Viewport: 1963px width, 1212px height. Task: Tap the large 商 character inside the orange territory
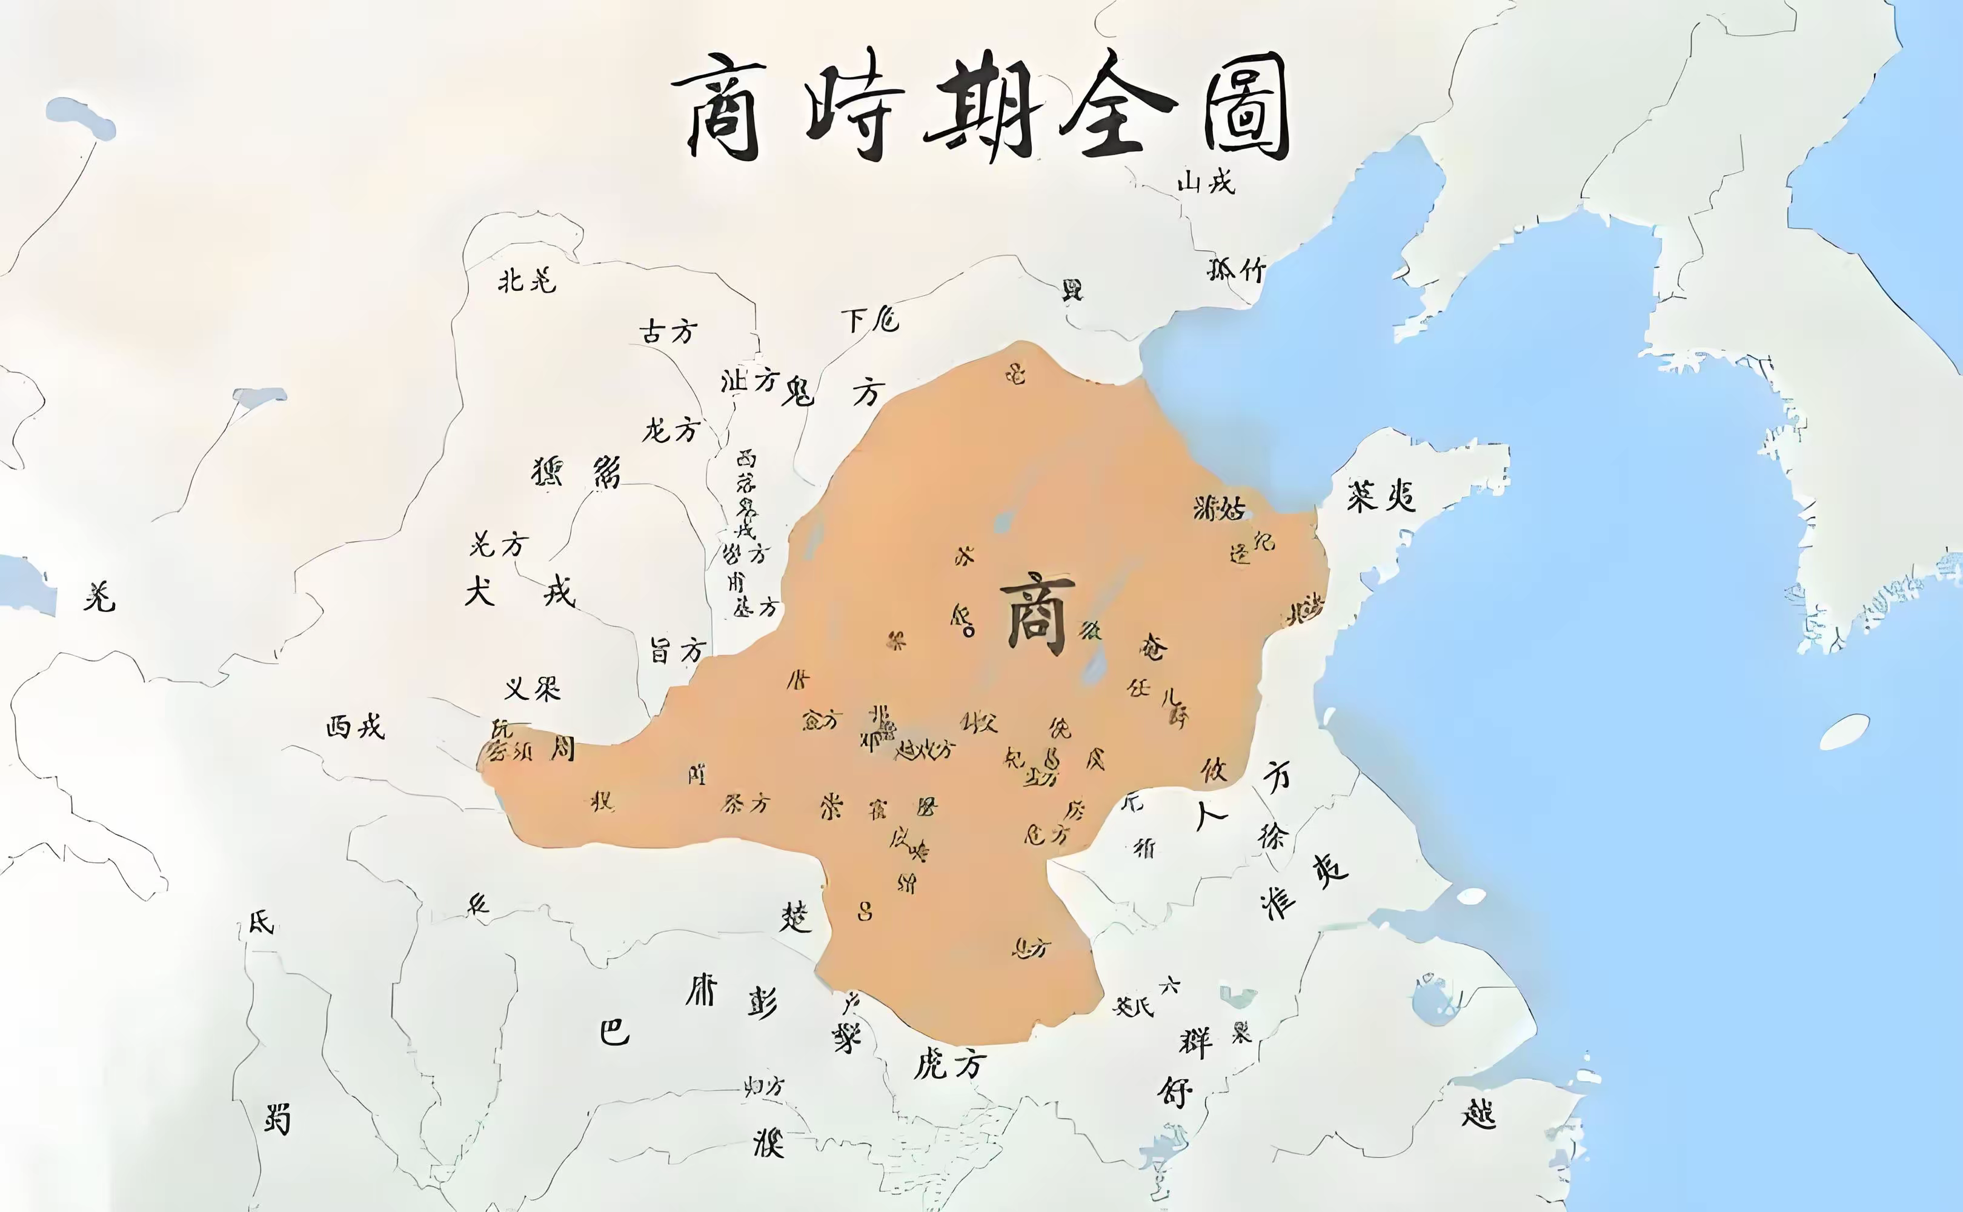[1037, 613]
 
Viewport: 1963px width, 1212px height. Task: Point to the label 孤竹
[1237, 269]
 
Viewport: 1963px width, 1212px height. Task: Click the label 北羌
[526, 281]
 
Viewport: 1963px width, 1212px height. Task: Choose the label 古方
[668, 331]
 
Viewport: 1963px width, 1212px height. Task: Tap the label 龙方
[671, 430]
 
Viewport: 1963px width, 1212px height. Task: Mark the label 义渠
[533, 688]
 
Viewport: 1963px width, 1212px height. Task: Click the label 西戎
[355, 727]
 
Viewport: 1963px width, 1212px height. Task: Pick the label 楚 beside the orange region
[795, 916]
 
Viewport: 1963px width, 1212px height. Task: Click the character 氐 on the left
[261, 922]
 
